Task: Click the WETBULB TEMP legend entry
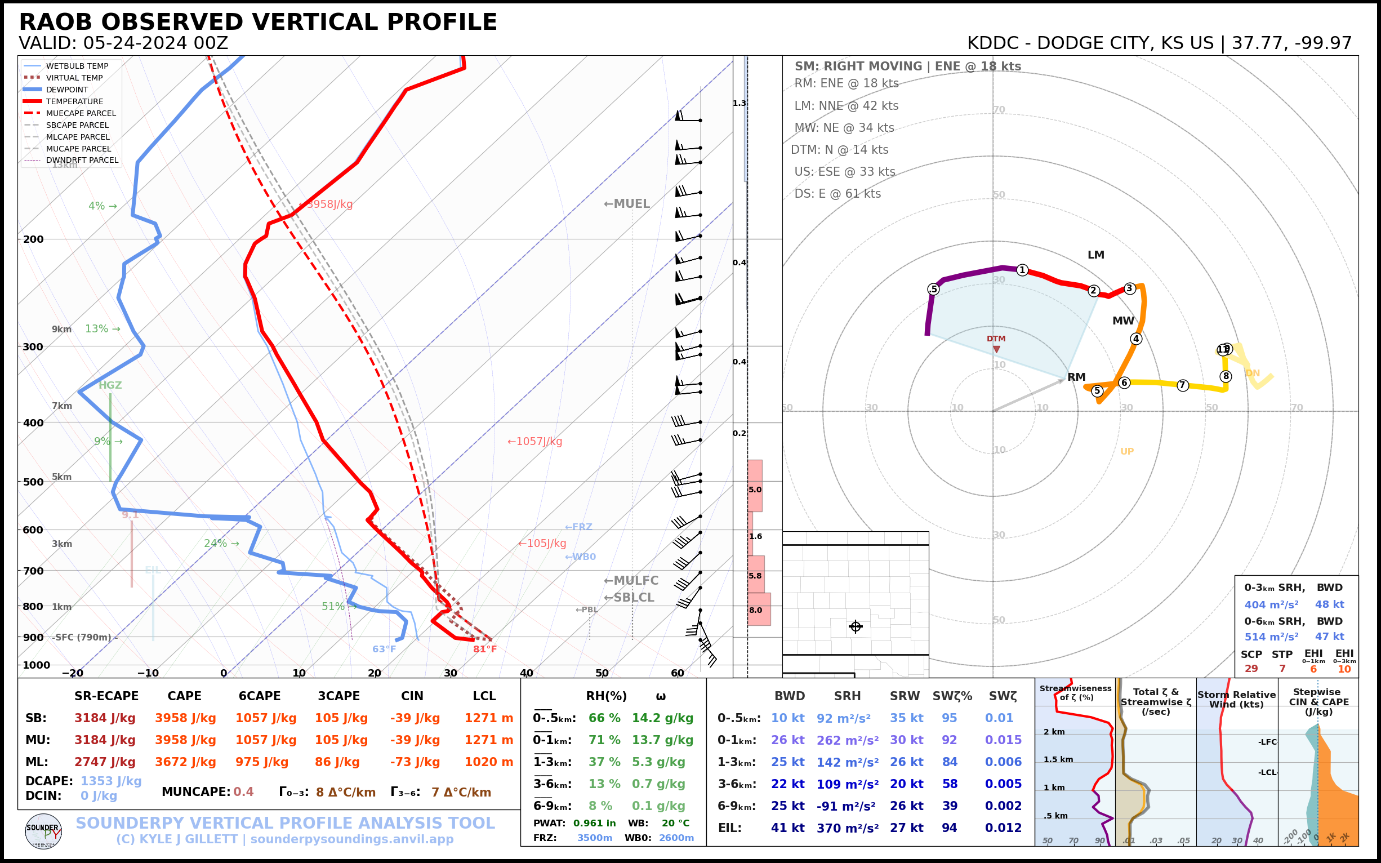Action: click(x=77, y=66)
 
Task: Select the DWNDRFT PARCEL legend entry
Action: click(x=82, y=161)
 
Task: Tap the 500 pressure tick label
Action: click(x=33, y=482)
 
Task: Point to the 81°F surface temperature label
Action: click(x=484, y=649)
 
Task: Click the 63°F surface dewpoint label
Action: click(x=384, y=649)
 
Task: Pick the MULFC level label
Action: click(x=631, y=580)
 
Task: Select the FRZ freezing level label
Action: click(x=578, y=527)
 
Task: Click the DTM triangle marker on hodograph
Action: click(x=996, y=349)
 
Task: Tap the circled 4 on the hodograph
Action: click(x=1136, y=339)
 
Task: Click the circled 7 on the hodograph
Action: click(x=1183, y=385)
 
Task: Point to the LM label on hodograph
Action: click(x=1095, y=255)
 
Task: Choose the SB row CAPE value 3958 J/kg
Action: click(x=185, y=718)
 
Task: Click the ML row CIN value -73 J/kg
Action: click(x=415, y=762)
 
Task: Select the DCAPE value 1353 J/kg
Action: click(x=111, y=781)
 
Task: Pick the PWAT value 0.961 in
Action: click(x=594, y=823)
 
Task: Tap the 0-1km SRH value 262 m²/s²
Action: click(x=848, y=740)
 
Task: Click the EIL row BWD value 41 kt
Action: click(x=787, y=828)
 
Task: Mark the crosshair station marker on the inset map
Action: click(x=856, y=626)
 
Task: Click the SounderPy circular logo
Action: click(x=43, y=831)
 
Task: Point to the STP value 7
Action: click(x=1282, y=668)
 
